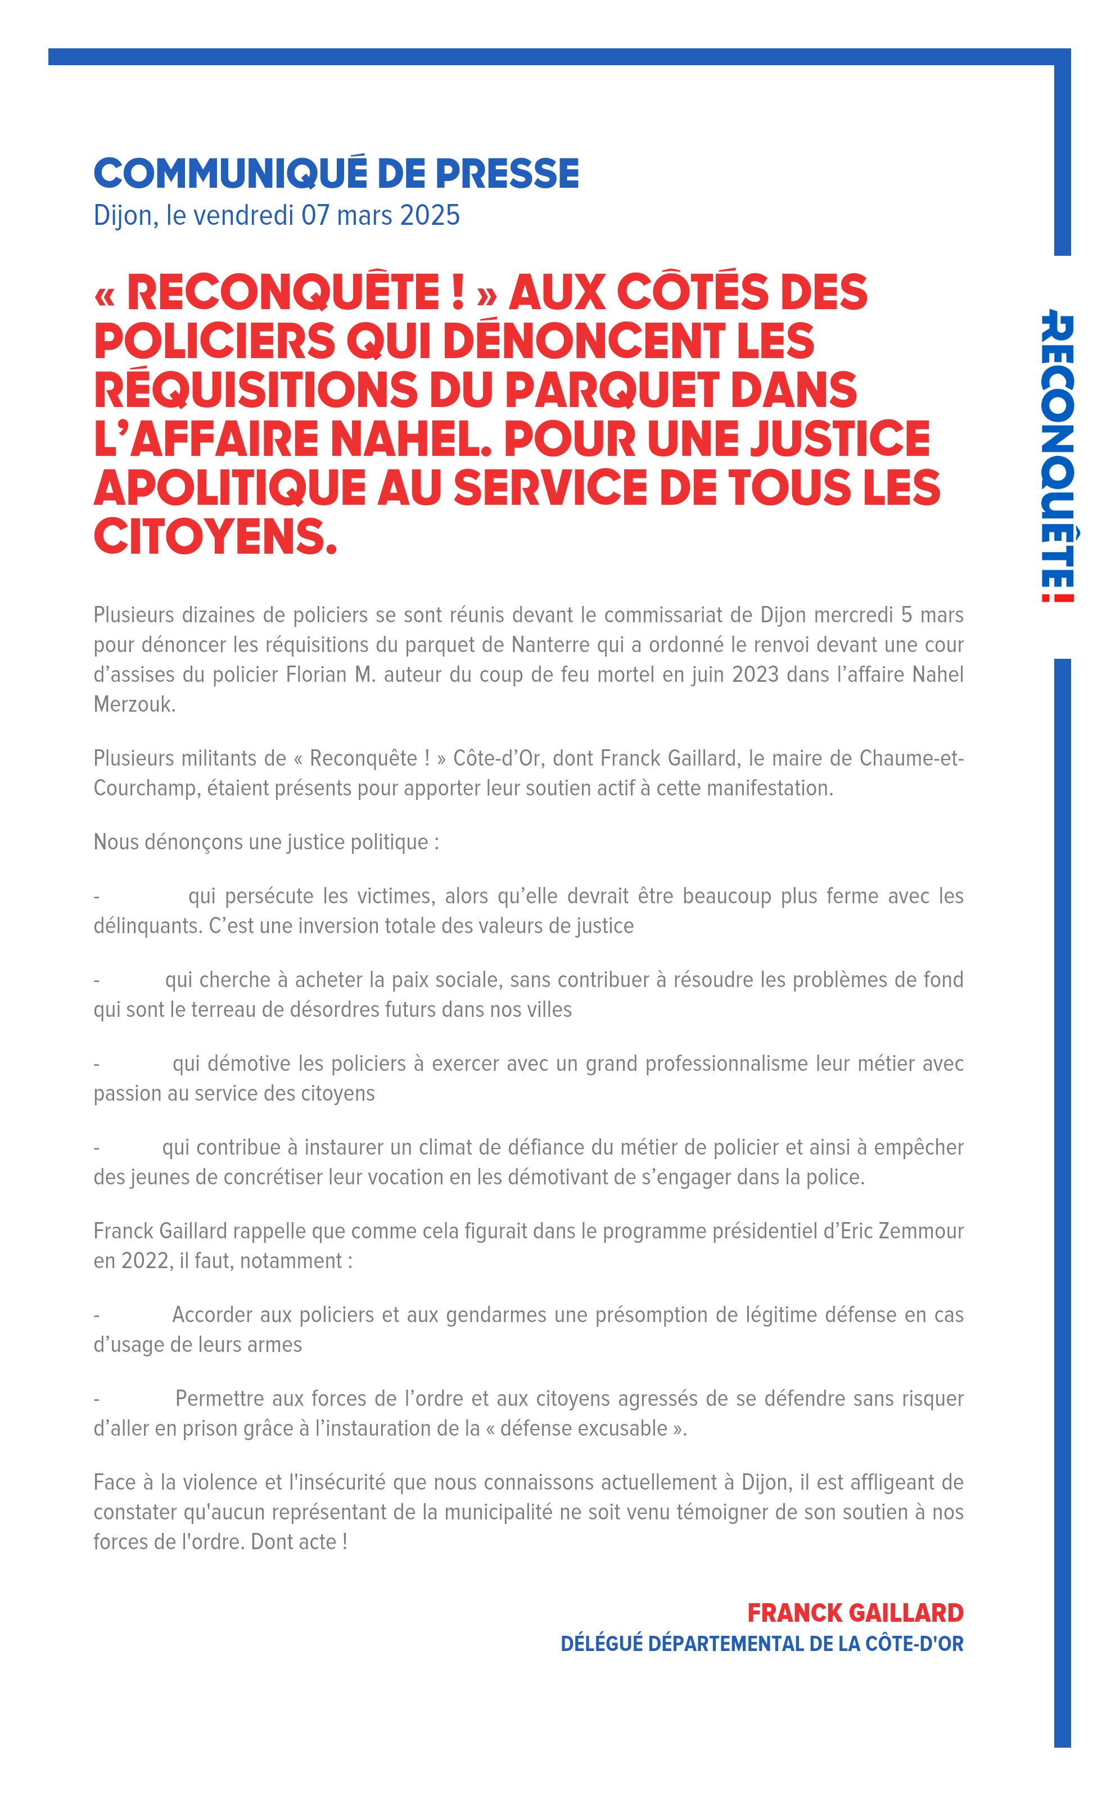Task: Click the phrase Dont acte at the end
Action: point(293,1541)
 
